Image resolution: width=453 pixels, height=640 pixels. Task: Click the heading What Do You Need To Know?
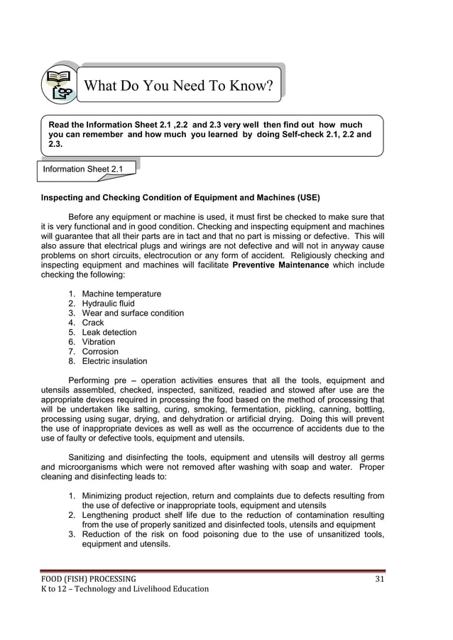click(178, 87)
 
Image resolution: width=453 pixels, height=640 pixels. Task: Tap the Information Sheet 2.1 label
click(82, 169)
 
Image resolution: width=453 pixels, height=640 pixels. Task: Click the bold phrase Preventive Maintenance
click(280, 265)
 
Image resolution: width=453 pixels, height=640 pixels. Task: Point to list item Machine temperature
click(121, 294)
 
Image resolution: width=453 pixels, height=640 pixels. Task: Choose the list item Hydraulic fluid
click(108, 304)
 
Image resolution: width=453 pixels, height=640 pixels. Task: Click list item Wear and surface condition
click(132, 313)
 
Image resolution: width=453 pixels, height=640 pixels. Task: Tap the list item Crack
click(92, 323)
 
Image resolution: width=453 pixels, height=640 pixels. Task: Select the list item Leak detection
click(109, 332)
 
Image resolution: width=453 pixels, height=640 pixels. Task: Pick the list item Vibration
click(98, 342)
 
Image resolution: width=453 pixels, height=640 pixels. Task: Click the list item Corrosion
click(100, 351)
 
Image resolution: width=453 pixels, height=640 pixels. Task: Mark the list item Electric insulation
click(114, 361)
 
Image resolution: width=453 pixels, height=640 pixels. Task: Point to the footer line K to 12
click(124, 589)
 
